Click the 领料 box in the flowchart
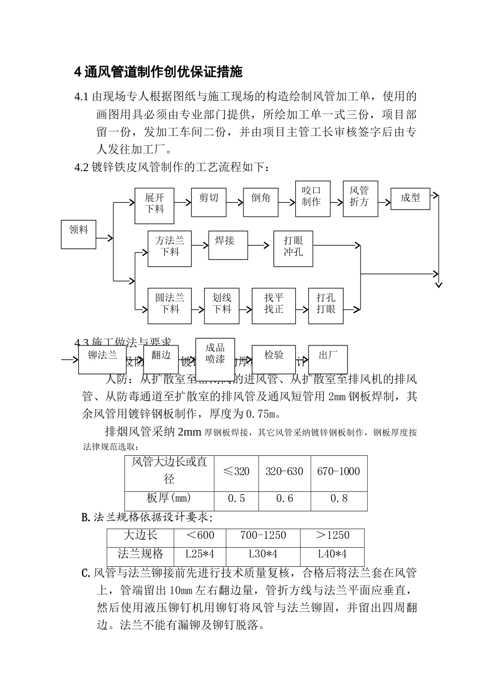(79, 234)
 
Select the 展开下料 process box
(154, 205)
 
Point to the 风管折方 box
(359, 199)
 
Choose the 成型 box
(410, 199)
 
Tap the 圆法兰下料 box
(169, 306)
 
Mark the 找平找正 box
(273, 306)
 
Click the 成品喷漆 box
(215, 355)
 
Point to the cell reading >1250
(332, 536)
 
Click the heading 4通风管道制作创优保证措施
(158, 72)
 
